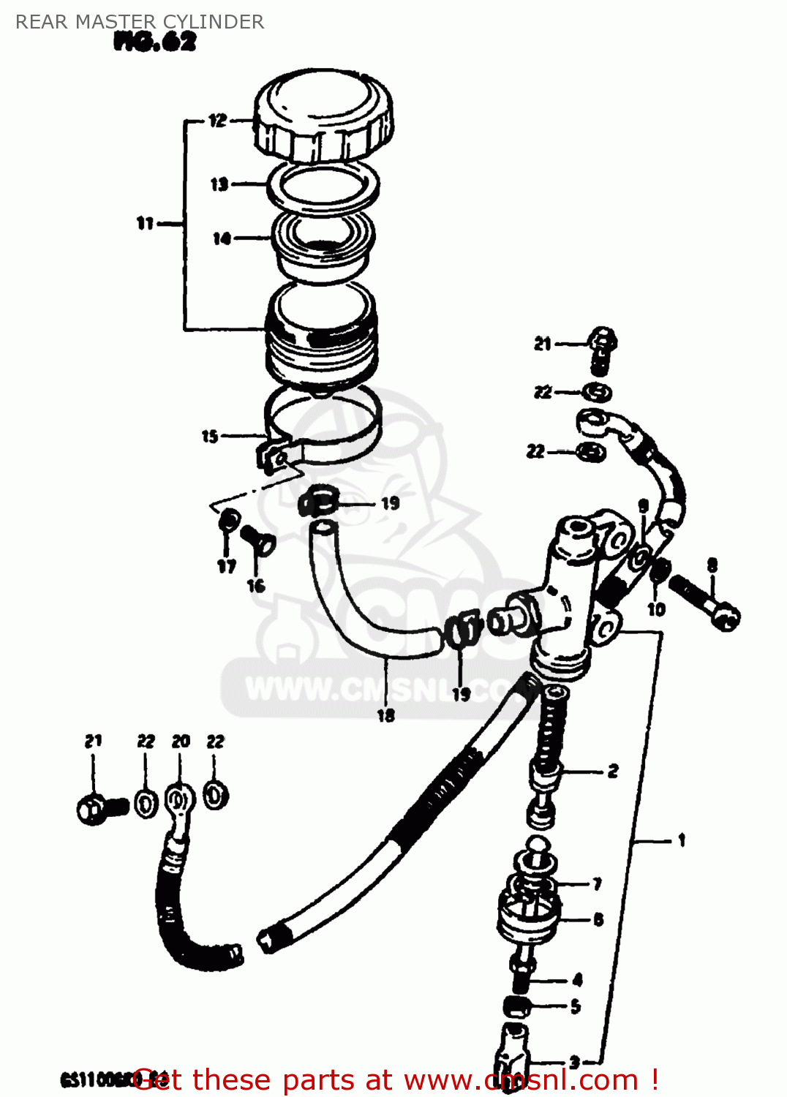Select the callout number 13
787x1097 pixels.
[219, 184]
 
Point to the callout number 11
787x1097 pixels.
[145, 223]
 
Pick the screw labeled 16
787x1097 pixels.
[259, 541]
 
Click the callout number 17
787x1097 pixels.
[227, 565]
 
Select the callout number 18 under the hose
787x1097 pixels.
[386, 715]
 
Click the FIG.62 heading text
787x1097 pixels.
[155, 42]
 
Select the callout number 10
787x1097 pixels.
[656, 608]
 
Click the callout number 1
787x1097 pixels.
[682, 840]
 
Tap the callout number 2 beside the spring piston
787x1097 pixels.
[613, 771]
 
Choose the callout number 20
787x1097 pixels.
[181, 742]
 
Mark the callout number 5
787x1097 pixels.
[576, 1006]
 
